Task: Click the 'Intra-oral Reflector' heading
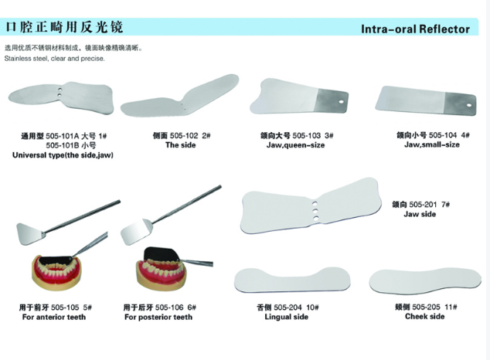tap(415, 29)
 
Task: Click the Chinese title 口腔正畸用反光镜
tap(64, 27)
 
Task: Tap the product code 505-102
tap(184, 135)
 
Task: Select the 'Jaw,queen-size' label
tap(295, 145)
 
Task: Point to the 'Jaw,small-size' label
tap(432, 144)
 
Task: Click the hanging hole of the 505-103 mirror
tap(341, 102)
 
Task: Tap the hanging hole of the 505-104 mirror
tap(469, 105)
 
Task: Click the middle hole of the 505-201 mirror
tap(315, 211)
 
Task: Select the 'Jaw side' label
tap(420, 214)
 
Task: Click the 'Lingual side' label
tap(286, 317)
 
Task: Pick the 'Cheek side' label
tap(424, 316)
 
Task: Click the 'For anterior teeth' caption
tap(54, 317)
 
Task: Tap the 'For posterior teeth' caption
tap(158, 317)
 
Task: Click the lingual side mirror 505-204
tap(292, 280)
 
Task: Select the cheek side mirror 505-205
tap(425, 281)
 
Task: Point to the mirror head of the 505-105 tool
tap(31, 233)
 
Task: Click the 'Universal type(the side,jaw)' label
tap(63, 155)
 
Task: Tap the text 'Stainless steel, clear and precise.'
tap(54, 59)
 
